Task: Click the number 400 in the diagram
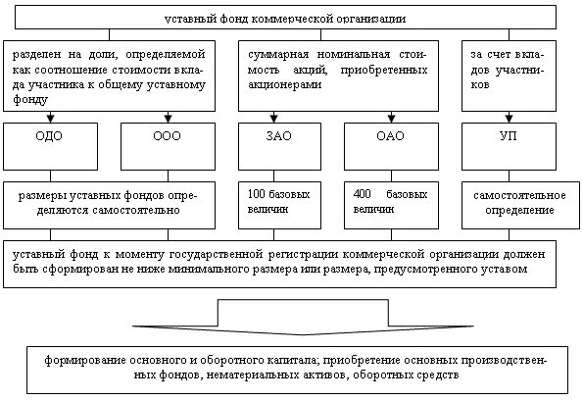[x=361, y=194]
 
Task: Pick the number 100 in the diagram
[x=256, y=194]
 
